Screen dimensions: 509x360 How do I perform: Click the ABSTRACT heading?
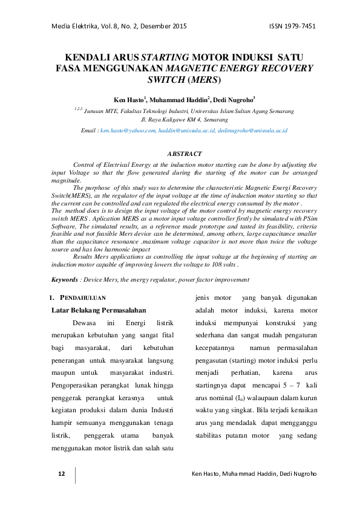184,155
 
